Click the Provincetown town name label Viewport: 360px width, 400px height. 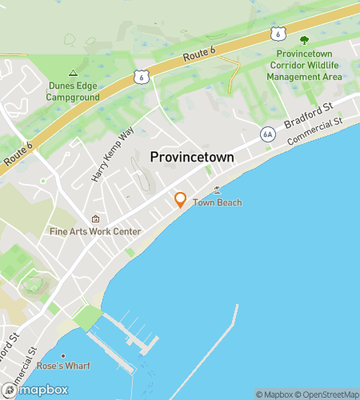click(x=193, y=158)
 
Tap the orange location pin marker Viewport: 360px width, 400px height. click(x=181, y=200)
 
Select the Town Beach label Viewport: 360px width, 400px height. click(x=217, y=203)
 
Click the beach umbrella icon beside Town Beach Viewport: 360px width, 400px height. click(x=217, y=191)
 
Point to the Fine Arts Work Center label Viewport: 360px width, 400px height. click(x=95, y=232)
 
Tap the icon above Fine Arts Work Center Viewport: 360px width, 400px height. click(x=96, y=219)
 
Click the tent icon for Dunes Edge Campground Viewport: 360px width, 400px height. click(x=73, y=72)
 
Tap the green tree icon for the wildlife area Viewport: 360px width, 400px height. click(x=303, y=40)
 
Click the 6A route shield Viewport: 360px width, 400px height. click(x=267, y=135)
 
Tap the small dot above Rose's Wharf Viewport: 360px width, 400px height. click(x=62, y=355)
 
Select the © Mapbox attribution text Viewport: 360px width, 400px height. click(x=274, y=394)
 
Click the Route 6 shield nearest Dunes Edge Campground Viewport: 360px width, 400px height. click(x=141, y=77)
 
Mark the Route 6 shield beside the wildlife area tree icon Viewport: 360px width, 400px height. click(x=276, y=33)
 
